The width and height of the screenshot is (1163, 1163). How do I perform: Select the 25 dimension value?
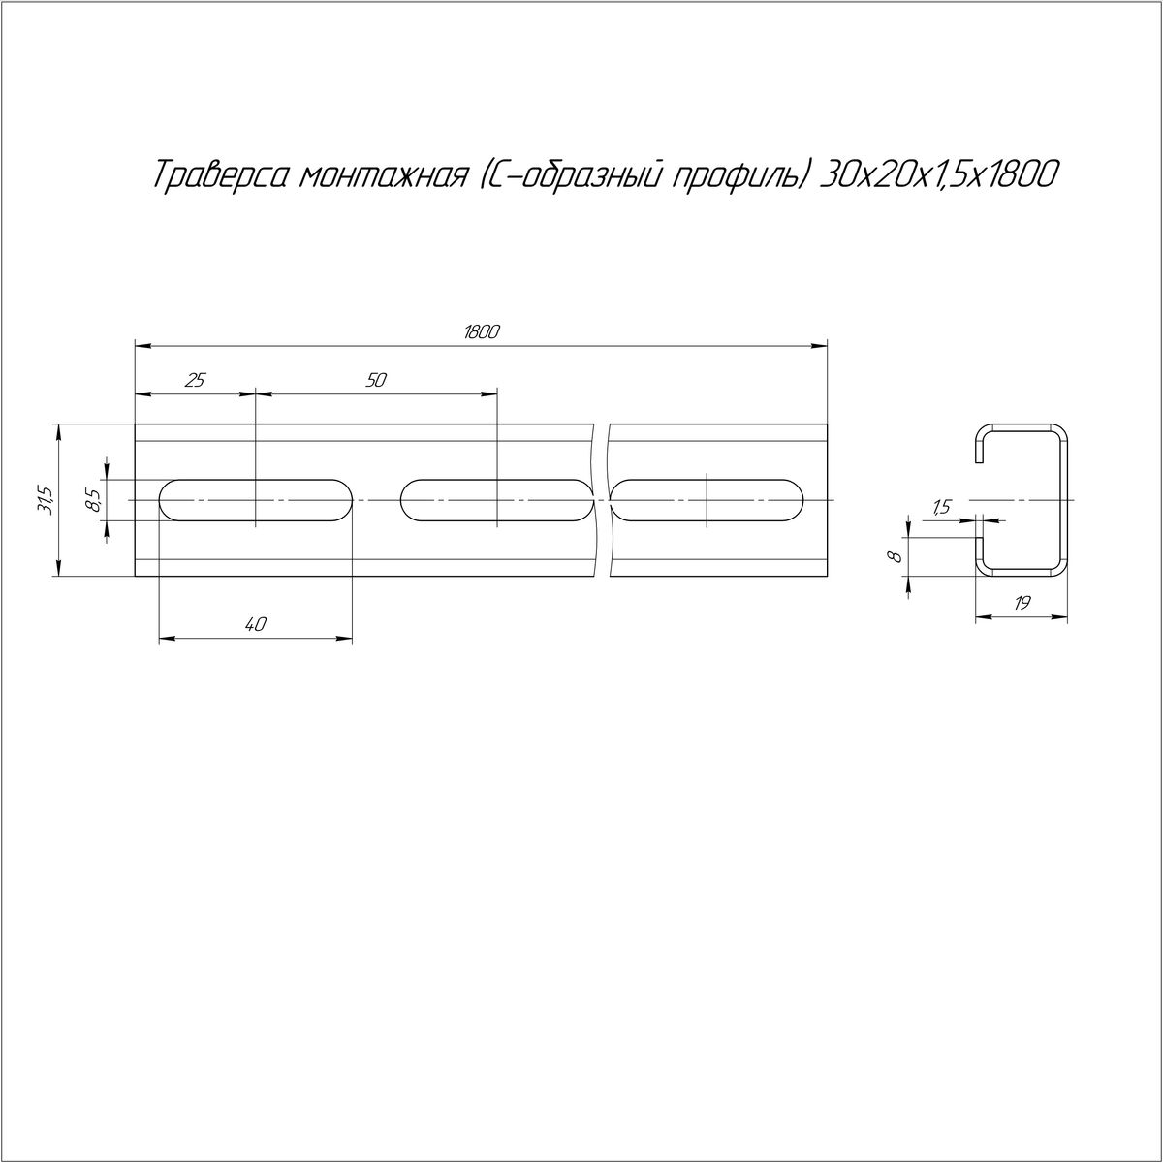click(x=195, y=380)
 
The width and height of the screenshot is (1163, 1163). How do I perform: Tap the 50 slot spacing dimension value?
click(x=375, y=380)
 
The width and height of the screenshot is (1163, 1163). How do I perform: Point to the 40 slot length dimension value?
click(x=255, y=624)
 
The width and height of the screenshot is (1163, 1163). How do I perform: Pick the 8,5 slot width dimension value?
click(x=94, y=500)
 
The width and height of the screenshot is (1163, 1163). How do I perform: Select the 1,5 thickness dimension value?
click(x=941, y=508)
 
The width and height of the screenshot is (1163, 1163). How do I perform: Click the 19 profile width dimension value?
click(x=1022, y=603)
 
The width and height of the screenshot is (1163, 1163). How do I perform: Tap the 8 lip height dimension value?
click(x=896, y=556)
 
